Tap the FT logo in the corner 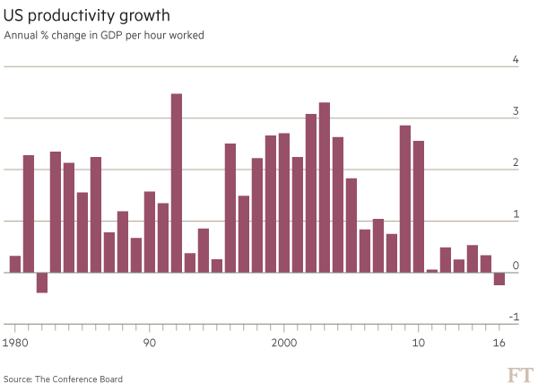(519, 373)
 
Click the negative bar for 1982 (41, 282)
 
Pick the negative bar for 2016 (499, 278)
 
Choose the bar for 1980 (14, 264)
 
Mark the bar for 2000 (283, 202)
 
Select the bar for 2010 (418, 206)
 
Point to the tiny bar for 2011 (431, 269)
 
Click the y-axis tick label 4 (516, 60)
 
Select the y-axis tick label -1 (514, 318)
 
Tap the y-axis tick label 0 (516, 266)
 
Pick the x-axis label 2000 (283, 344)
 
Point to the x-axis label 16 (499, 344)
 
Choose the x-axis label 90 (149, 344)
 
